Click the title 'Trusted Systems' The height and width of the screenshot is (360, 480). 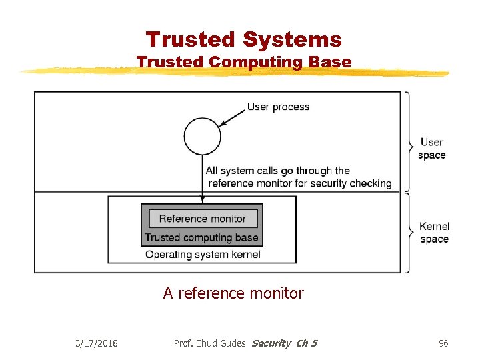click(244, 39)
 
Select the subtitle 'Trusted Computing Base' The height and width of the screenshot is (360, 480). click(244, 62)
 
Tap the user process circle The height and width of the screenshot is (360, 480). click(202, 135)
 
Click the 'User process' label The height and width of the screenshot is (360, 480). click(278, 107)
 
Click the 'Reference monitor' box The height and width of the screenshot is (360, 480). click(202, 219)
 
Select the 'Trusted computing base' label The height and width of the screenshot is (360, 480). click(201, 237)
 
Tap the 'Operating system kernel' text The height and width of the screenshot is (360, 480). click(203, 255)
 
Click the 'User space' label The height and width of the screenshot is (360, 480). click(431, 148)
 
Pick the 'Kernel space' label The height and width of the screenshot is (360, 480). click(434, 233)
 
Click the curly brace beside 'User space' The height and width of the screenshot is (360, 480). click(407, 142)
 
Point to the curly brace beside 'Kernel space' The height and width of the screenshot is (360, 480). click(407, 233)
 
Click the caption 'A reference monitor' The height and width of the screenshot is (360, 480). click(233, 293)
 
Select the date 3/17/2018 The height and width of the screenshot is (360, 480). click(97, 343)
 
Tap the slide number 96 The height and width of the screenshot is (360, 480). click(443, 343)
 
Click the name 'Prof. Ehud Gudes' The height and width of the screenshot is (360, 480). click(209, 343)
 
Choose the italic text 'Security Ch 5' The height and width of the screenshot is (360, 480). click(284, 343)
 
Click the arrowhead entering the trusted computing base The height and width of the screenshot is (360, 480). click(202, 200)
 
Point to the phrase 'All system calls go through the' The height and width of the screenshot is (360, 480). click(278, 171)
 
